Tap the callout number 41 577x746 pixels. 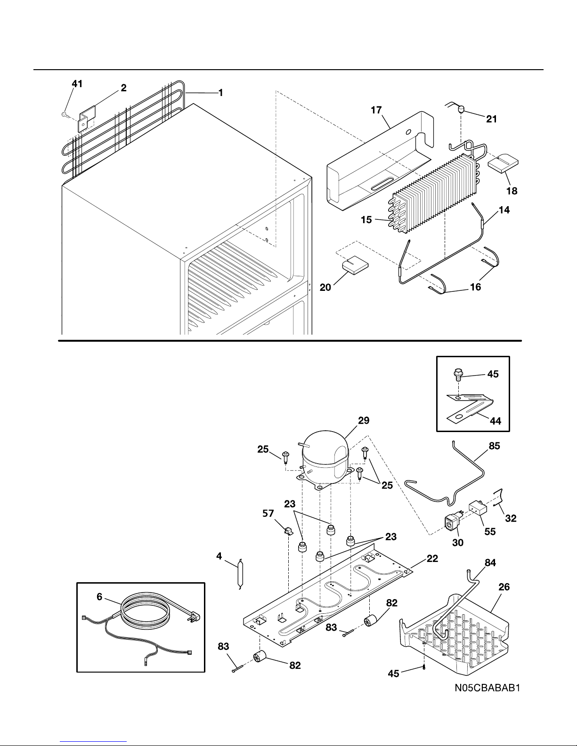click(77, 84)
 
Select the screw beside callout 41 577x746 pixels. click(65, 114)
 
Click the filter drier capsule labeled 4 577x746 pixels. click(242, 573)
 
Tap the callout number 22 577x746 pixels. click(432, 559)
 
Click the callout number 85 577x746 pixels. click(494, 445)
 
